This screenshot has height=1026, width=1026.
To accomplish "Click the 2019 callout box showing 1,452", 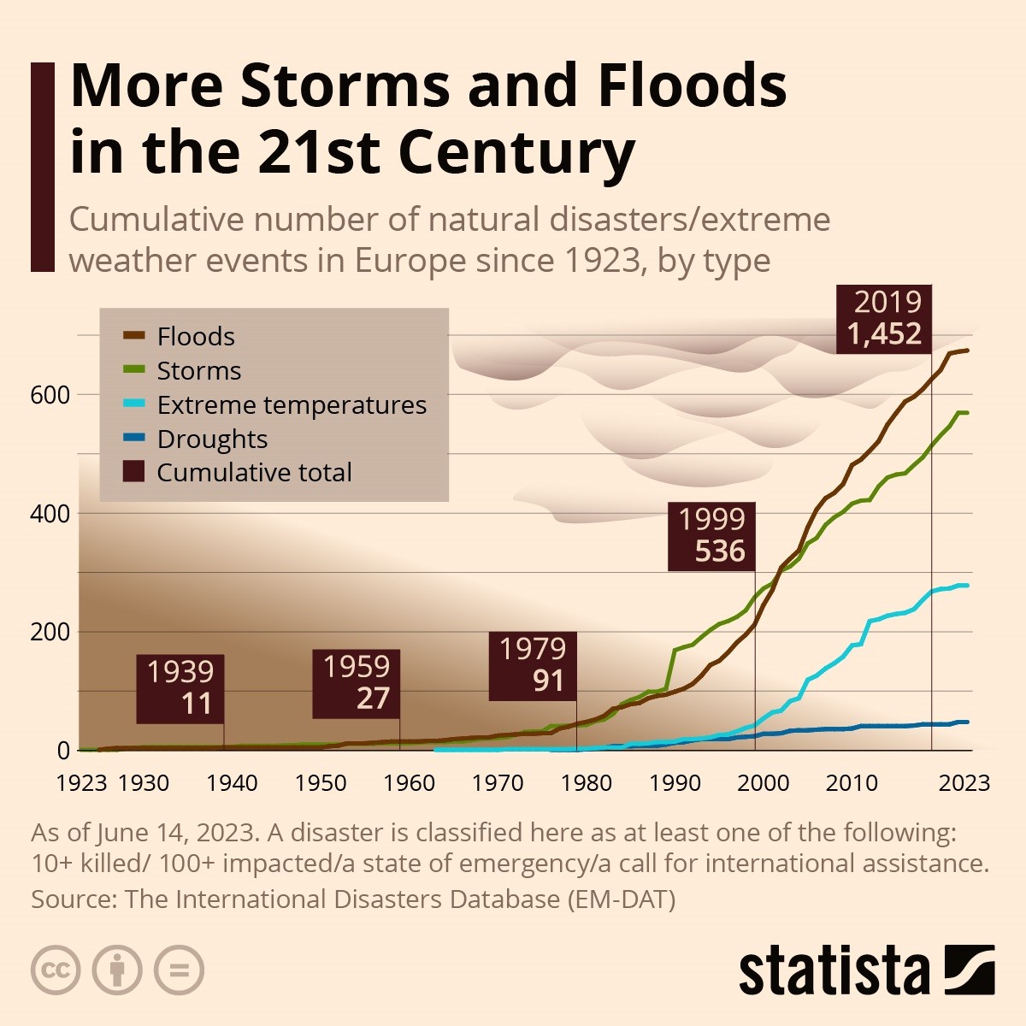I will coord(884,318).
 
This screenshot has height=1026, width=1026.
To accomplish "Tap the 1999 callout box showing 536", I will coord(712,536).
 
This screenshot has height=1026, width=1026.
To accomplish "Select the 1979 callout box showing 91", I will coord(533,665).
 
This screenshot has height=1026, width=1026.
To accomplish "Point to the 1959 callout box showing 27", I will coord(356,682).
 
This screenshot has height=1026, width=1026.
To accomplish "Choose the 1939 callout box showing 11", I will coord(180,687).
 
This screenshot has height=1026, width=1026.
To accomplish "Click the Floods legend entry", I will coord(195,336).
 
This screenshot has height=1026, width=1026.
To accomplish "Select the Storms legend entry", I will coord(198,370).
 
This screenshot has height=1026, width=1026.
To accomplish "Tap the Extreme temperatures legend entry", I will coord(291,404).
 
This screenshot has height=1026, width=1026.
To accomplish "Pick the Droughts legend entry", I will coord(212,439).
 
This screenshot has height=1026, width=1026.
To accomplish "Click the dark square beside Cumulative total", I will coord(133,472).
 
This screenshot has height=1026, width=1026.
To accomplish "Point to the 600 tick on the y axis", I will coord(50,395).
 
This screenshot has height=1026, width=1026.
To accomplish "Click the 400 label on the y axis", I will coord(50,514).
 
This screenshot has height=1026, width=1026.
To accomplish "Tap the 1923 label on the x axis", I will coord(81,782).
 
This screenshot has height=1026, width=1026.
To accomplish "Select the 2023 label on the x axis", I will coord(964,782).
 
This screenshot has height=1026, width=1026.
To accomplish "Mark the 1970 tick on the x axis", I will coord(498,782).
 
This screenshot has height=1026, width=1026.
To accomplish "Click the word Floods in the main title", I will coord(692,85).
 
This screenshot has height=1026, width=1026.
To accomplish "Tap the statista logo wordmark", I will coord(834,971).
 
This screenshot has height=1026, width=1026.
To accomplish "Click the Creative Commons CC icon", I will coord(56,970).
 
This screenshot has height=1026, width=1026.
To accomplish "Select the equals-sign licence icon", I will coord(179,970).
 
